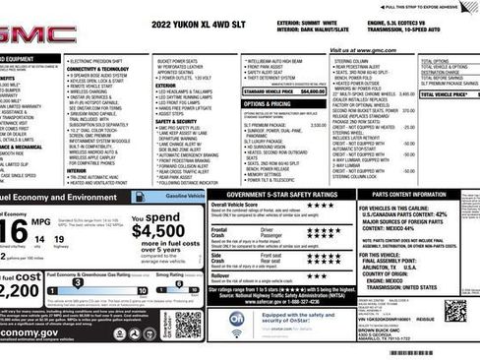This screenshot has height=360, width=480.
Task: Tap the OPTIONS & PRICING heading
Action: point(266,102)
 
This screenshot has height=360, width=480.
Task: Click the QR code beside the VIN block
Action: point(454,311)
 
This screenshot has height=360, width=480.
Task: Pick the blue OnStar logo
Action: point(237,319)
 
